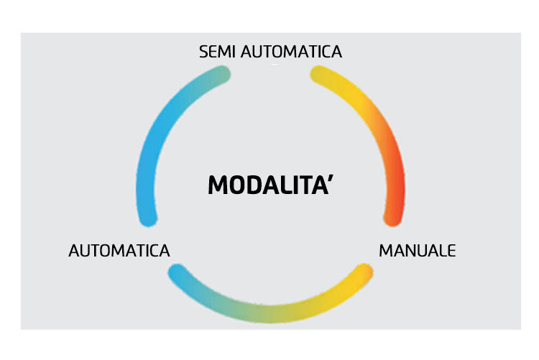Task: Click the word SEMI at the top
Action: tap(218, 52)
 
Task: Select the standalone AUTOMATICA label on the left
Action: tap(119, 251)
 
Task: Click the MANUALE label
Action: tap(417, 251)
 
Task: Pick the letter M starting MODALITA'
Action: tap(218, 185)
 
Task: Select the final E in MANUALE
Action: tap(451, 251)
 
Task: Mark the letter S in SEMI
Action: tap(203, 52)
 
